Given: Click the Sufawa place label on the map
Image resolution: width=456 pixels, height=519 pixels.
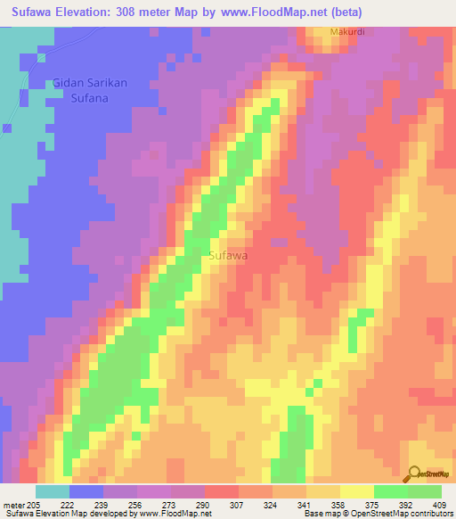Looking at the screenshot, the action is (x=228, y=256).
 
